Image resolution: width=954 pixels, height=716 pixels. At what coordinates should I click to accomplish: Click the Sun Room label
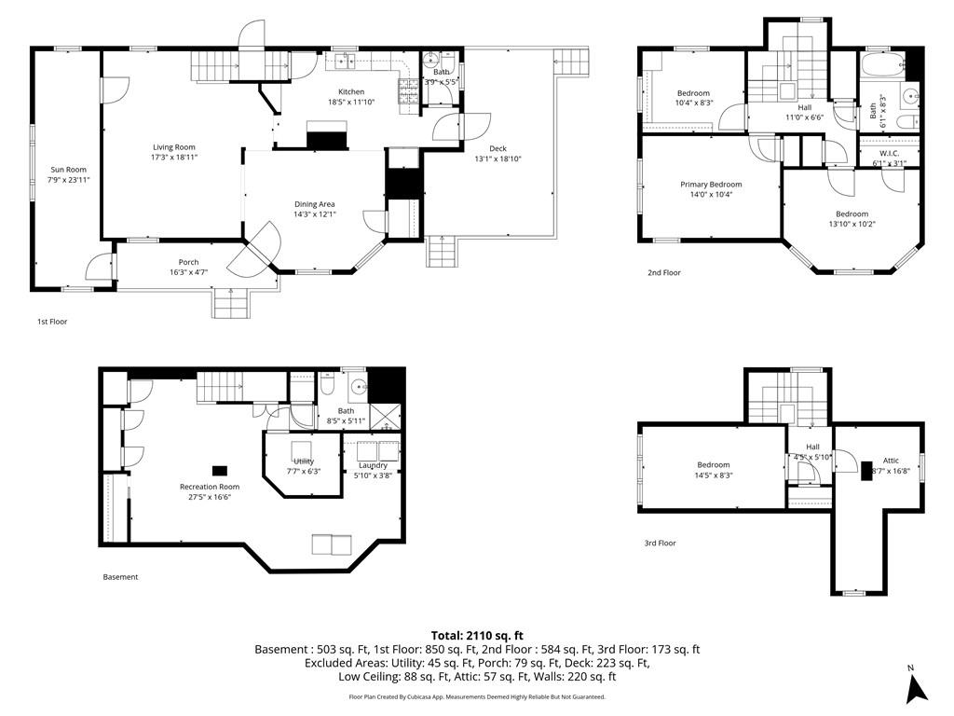tap(69, 170)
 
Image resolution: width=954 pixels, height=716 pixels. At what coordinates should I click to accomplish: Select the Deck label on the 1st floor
tap(498, 148)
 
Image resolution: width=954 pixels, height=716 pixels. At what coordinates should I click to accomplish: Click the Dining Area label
tap(314, 204)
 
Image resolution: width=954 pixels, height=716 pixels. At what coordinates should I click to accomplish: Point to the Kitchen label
tap(351, 91)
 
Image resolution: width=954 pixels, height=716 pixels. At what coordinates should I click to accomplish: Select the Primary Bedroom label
tap(711, 185)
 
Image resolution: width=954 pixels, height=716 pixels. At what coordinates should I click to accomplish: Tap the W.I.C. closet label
tap(889, 153)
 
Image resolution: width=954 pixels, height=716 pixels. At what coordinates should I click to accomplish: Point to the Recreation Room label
tap(210, 487)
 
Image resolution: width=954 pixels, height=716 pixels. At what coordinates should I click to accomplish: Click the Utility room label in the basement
tap(304, 461)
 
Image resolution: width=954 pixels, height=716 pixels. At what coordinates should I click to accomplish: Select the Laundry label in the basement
tap(373, 465)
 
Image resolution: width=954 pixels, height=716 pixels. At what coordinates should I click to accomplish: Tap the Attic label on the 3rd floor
tap(891, 461)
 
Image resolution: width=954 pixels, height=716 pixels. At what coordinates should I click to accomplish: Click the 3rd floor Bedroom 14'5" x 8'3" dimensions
tap(714, 475)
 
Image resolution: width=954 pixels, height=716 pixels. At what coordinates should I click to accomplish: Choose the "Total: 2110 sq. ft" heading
tap(477, 635)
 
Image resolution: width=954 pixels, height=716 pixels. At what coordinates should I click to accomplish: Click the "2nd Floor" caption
tap(664, 273)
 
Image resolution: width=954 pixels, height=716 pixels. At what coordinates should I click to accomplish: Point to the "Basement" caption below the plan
tap(120, 577)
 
